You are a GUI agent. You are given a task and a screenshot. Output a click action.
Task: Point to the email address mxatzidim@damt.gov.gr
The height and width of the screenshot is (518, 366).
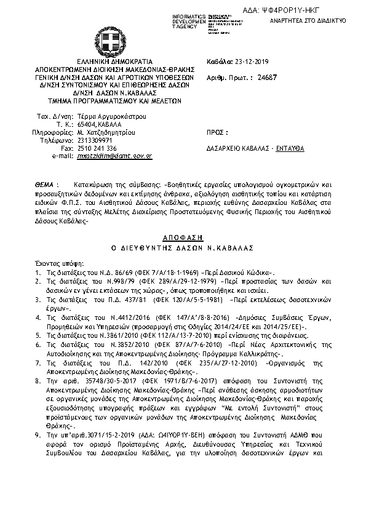tap(115, 156)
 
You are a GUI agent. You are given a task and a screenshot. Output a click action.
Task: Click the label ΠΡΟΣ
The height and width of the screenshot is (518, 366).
tap(218, 132)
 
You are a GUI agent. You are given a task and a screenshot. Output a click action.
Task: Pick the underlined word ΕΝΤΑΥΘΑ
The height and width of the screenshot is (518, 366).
tap(290, 148)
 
